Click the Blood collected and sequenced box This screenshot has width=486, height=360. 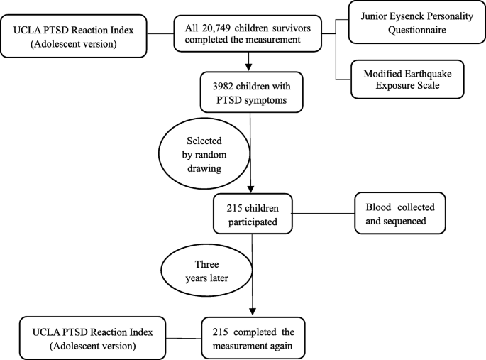point(401,212)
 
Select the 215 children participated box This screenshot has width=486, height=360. point(254,212)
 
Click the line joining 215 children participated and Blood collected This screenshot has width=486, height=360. point(324,212)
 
